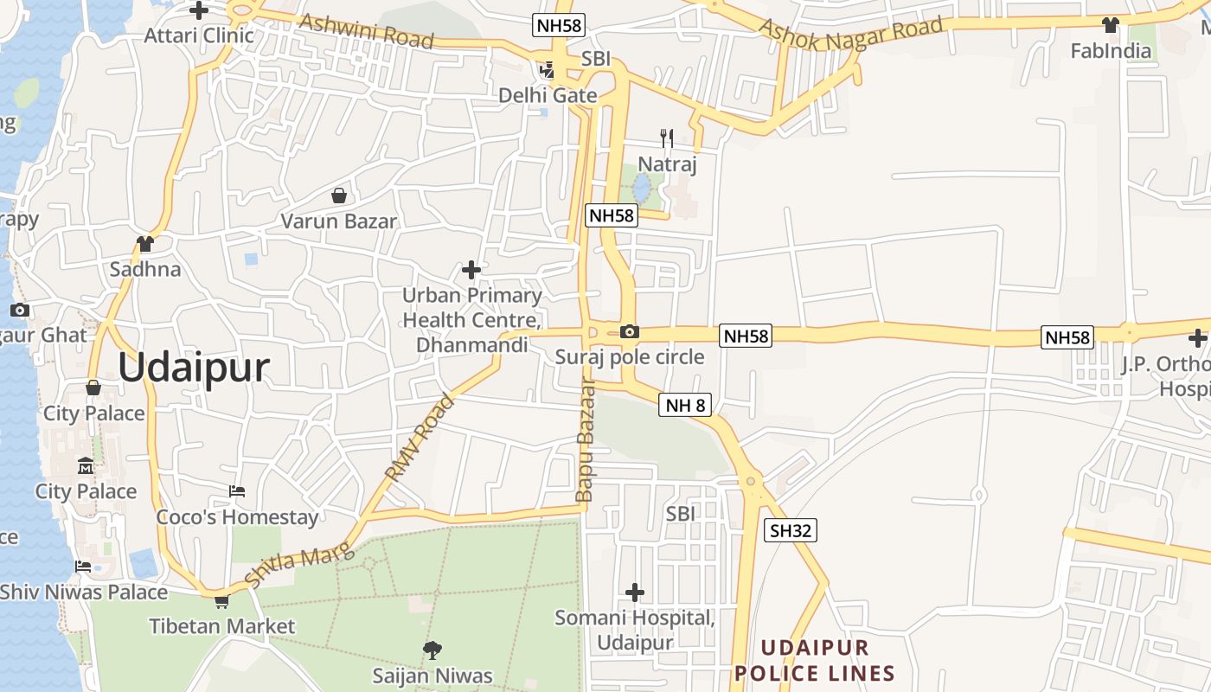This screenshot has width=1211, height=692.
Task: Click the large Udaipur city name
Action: pyautogui.click(x=194, y=368)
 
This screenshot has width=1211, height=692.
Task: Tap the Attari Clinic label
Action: pyautogui.click(x=199, y=35)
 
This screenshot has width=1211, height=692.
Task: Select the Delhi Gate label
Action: pyautogui.click(x=548, y=95)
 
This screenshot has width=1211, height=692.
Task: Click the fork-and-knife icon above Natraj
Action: pyautogui.click(x=666, y=138)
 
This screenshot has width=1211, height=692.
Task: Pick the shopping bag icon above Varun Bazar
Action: pyautogui.click(x=339, y=195)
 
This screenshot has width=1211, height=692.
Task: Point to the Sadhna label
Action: pyautogui.click(x=145, y=269)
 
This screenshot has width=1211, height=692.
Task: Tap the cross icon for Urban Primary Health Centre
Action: pyautogui.click(x=471, y=270)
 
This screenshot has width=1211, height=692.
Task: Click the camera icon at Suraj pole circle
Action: pyautogui.click(x=630, y=331)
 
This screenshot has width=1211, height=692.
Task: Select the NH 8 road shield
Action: pyautogui.click(x=684, y=404)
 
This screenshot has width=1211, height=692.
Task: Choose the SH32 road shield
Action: pyautogui.click(x=790, y=530)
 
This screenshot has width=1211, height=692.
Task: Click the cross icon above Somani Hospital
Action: pyautogui.click(x=635, y=593)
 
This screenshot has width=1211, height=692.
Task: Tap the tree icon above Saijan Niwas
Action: pyautogui.click(x=432, y=650)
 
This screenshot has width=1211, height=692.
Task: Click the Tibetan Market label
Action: pyautogui.click(x=221, y=626)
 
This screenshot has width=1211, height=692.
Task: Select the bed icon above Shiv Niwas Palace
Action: pyautogui.click(x=83, y=567)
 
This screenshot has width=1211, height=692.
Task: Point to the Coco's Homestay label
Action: pyautogui.click(x=237, y=517)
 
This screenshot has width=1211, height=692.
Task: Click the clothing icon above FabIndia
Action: pyautogui.click(x=1111, y=25)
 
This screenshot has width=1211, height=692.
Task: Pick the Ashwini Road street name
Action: pyautogui.click(x=366, y=31)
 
